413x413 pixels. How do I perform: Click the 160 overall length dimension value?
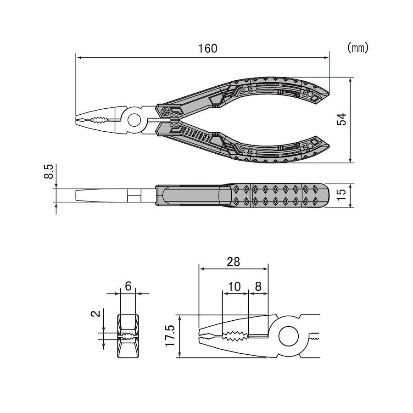pos(208,49)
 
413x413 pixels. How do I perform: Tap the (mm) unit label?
pos(357,48)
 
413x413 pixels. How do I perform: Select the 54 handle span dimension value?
pos(341,119)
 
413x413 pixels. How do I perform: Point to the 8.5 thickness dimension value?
pos(49,172)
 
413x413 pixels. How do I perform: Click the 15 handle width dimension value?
pos(341,195)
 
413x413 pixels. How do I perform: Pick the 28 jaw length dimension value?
pos(234,262)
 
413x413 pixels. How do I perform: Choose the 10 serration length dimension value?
pos(234,286)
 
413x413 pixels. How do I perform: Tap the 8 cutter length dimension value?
pos(258,286)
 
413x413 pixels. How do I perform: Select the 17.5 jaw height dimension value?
pos(170,336)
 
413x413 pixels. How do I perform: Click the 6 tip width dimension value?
pos(128,286)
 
